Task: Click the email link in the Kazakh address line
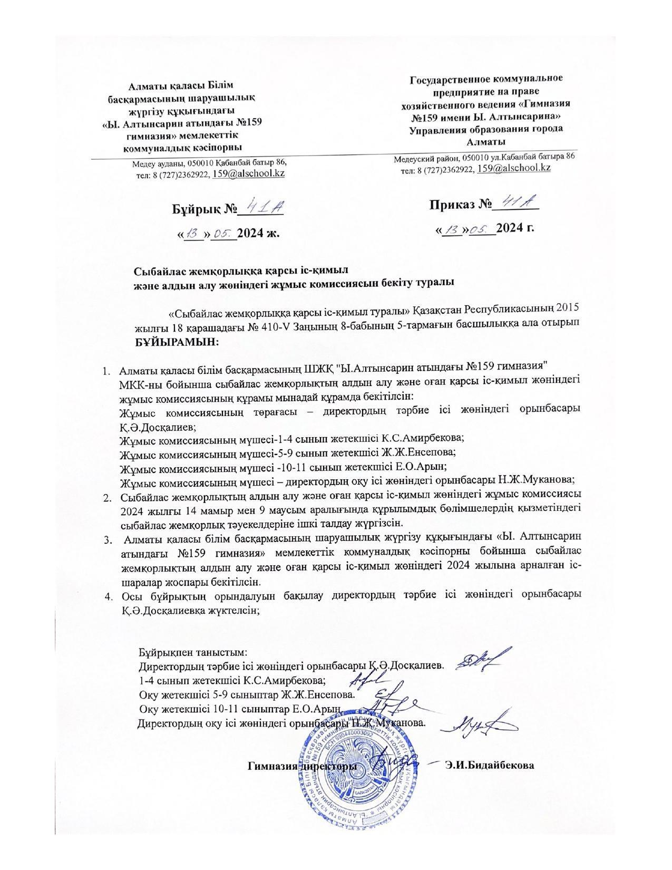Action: [x=248, y=173]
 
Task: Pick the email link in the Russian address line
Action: [x=514, y=168]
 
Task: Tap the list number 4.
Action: [x=109, y=597]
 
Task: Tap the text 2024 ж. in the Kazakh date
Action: [x=258, y=233]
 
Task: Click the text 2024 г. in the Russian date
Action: [x=515, y=228]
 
